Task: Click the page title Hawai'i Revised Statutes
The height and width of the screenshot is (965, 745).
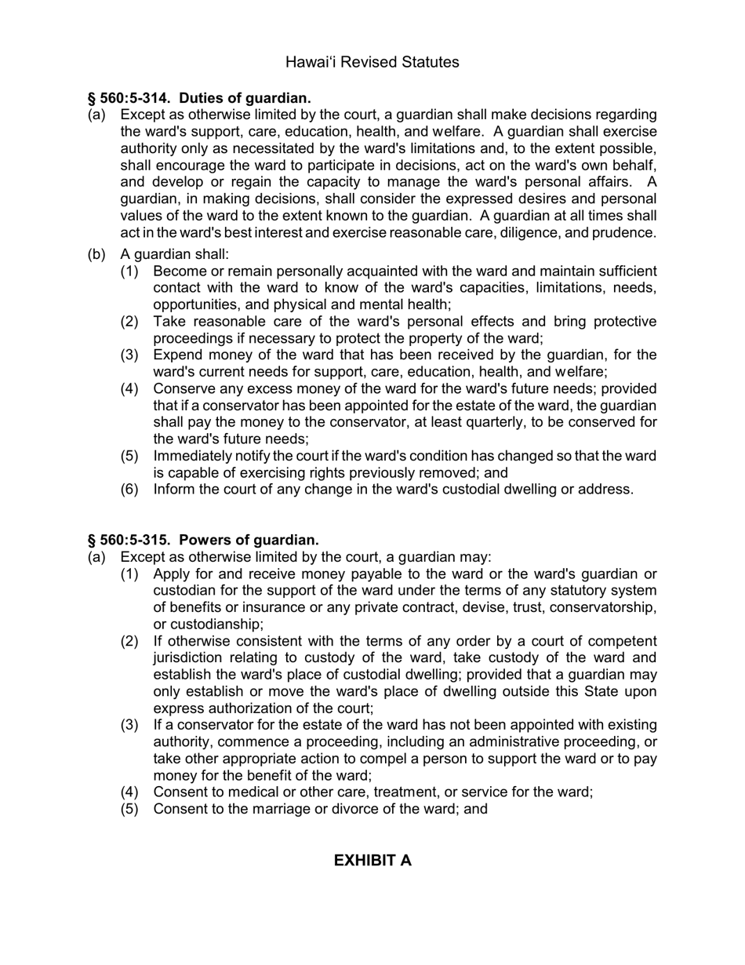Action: (x=372, y=62)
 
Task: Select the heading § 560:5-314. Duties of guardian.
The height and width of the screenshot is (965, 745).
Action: (x=199, y=98)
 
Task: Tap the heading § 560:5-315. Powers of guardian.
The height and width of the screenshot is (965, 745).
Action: (x=203, y=540)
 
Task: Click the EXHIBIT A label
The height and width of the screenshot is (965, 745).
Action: (x=372, y=861)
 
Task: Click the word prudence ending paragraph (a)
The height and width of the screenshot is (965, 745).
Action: (x=624, y=233)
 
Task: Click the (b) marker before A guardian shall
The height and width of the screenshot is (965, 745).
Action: (x=96, y=254)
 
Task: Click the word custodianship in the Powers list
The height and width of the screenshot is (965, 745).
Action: (x=207, y=625)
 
